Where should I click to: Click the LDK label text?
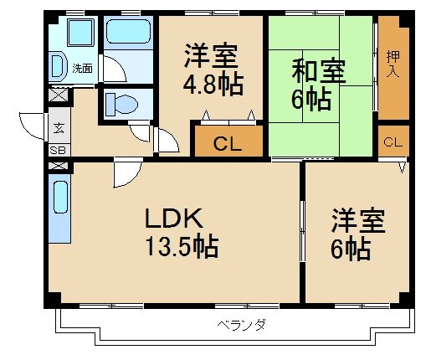click(174, 219)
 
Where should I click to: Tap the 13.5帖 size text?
click(181, 247)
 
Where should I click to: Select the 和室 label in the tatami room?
click(318, 70)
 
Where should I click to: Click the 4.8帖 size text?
click(212, 85)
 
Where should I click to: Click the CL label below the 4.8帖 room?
click(228, 143)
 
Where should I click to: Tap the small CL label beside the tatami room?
click(392, 142)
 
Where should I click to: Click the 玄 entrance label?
click(59, 128)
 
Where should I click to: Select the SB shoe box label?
click(59, 151)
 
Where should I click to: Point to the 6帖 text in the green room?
click(312, 99)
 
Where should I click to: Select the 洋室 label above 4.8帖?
click(212, 57)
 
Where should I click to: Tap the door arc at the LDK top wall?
click(126, 172)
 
